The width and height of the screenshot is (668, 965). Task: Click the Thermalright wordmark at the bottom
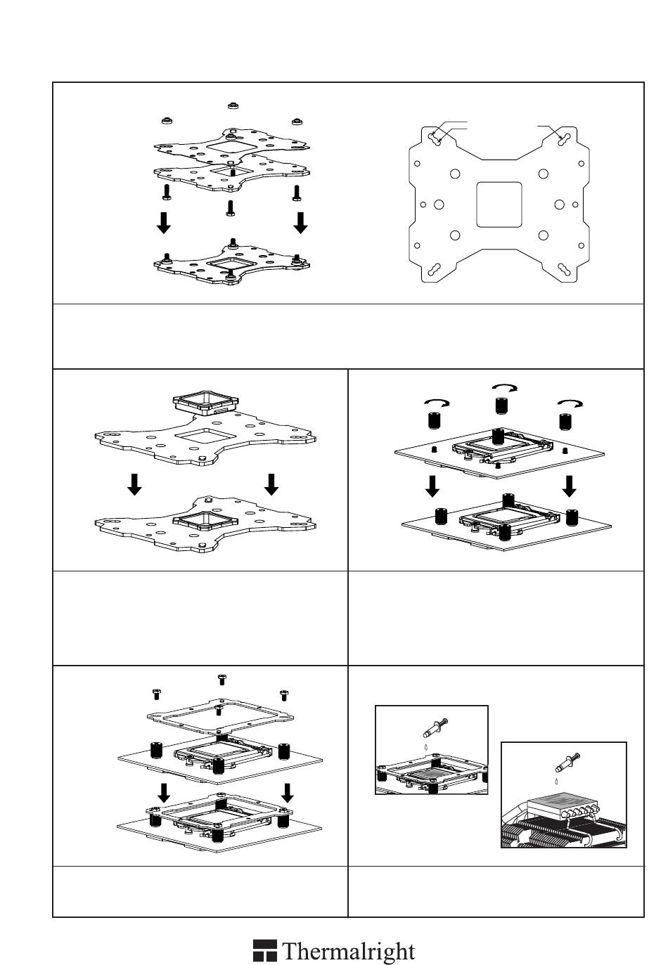[349, 952]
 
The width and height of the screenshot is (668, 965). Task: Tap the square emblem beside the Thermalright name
[264, 951]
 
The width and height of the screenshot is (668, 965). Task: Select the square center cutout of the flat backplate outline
[499, 205]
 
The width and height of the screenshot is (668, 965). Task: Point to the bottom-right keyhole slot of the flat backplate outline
[563, 271]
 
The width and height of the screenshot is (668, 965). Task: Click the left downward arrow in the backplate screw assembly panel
[163, 223]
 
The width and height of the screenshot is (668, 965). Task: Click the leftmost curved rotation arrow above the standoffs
[437, 403]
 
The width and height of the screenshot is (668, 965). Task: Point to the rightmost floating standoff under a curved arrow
[565, 422]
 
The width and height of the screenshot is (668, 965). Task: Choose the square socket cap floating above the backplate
[205, 403]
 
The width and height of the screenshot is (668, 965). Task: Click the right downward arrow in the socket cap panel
[271, 484]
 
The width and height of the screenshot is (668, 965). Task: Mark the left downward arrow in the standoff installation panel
[434, 486]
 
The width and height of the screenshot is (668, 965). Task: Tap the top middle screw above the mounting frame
[221, 679]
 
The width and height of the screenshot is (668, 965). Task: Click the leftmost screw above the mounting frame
[156, 694]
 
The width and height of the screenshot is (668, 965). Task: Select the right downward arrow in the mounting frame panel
[287, 793]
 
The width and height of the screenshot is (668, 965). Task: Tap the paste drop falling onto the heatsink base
[557, 780]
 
